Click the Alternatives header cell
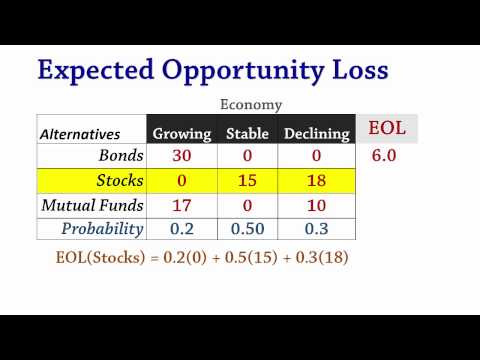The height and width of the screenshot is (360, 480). tap(80, 133)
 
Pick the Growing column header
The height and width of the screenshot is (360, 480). tap(182, 133)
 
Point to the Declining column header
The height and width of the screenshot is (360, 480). tap(317, 133)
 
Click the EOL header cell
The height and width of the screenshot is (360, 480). tap(387, 129)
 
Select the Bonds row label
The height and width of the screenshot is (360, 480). tap(122, 156)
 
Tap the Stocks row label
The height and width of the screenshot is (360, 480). tap(119, 181)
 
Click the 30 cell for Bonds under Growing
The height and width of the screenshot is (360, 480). tap(181, 156)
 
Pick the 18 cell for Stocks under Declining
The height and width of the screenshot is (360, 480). tap(317, 181)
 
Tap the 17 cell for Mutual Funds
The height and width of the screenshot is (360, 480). tap(181, 206)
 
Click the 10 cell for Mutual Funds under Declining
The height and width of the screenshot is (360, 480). tap(317, 206)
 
